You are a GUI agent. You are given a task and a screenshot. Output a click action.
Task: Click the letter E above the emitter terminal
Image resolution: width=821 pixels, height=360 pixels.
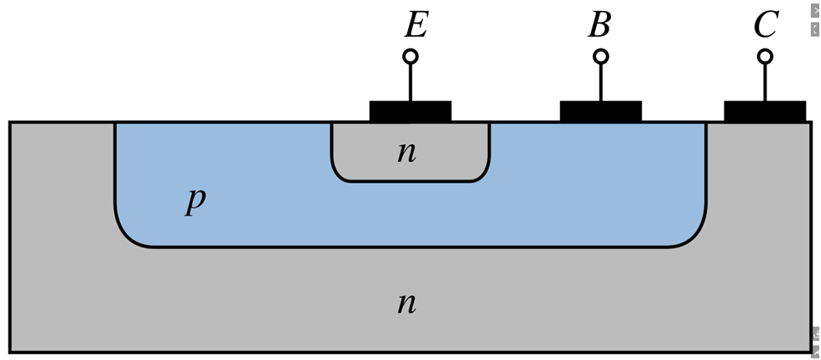pos(416,26)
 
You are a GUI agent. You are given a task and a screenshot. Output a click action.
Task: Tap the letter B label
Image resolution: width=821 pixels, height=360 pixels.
pos(599,26)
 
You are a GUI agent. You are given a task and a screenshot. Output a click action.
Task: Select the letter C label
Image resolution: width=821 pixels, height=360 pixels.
pos(766,26)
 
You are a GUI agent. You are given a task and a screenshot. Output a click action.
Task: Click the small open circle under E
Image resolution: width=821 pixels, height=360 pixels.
pos(410,56)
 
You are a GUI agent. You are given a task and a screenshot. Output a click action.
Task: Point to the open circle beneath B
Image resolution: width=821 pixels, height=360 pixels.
pos(601,56)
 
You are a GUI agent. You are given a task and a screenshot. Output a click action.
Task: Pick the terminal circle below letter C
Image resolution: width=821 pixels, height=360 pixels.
pos(765,56)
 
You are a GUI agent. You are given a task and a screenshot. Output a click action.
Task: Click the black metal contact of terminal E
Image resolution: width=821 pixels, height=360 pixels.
pos(410,112)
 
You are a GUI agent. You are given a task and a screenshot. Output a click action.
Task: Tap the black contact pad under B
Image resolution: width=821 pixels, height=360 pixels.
pos(601,112)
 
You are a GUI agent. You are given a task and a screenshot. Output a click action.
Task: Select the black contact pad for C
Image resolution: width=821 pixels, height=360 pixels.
pos(765,112)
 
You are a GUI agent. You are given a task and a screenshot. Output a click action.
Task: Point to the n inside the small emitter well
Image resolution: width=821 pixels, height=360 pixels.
pos(407,152)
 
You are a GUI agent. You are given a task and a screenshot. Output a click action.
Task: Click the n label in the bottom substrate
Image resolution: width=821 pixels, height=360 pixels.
pos(407,303)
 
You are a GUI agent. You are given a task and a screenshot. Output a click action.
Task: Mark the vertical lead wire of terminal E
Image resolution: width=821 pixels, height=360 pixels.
pos(410,82)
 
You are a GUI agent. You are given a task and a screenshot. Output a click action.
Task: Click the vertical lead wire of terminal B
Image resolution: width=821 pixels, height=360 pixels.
pos(601,82)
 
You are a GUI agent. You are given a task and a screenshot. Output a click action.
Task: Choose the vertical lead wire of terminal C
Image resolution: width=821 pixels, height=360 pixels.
pos(765,82)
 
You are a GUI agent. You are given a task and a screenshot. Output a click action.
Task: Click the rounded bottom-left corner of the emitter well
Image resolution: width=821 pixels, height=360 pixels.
pos(337,176)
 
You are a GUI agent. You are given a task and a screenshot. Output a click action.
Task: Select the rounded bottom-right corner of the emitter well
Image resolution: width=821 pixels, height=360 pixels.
pos(484,176)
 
